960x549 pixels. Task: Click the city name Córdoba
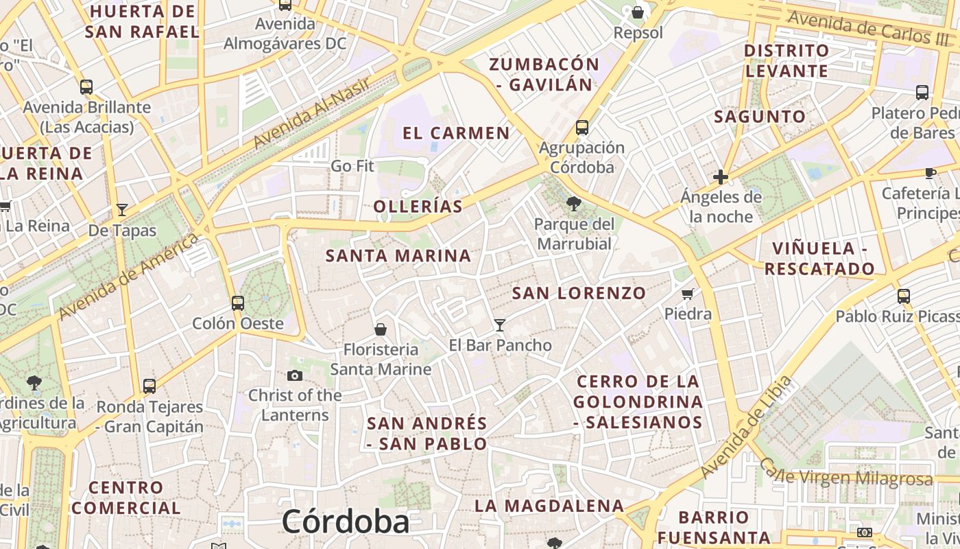coord(346,522)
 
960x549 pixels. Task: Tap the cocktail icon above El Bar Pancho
coord(500,325)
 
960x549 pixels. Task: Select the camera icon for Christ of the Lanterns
coord(295,375)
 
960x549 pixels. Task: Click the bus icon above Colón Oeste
coord(238,303)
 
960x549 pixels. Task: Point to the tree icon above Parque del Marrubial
coord(574,203)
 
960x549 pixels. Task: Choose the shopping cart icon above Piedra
coord(688,294)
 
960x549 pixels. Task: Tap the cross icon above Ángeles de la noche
coord(721,177)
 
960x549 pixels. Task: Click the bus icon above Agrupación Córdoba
coord(582,127)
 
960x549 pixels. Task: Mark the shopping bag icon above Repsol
coord(638,12)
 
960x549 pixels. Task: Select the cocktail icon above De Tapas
coord(122,210)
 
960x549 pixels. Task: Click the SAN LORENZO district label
coord(579,293)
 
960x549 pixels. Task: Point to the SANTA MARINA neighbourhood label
coord(398,256)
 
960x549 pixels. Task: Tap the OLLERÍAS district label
coord(418,206)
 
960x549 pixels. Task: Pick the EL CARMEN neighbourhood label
coord(456,133)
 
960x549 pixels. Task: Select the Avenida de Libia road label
coord(746,428)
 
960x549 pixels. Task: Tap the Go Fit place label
coord(352,166)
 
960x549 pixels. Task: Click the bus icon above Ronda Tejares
coord(149,386)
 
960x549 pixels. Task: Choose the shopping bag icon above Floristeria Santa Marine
coord(381,329)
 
